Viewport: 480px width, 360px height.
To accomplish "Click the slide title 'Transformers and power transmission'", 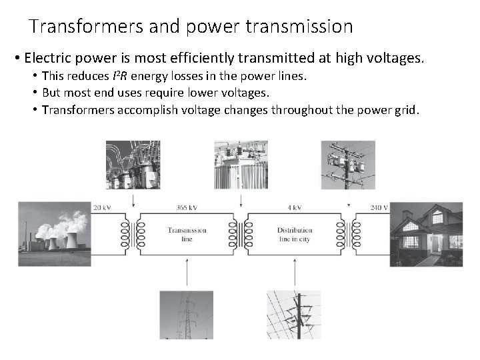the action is [191, 27].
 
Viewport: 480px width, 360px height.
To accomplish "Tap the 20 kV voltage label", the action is [102, 207].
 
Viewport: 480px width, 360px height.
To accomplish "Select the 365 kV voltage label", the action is [187, 207].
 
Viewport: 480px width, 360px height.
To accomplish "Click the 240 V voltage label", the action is [380, 207].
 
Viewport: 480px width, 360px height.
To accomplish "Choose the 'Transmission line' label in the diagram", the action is [187, 234].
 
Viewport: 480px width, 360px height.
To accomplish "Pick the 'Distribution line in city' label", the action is [295, 234].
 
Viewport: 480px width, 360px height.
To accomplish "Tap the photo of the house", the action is [427, 234].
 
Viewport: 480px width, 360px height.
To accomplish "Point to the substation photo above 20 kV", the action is [133, 165].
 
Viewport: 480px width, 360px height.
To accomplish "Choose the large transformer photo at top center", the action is [241, 165].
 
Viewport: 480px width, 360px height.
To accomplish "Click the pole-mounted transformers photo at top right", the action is [348, 165].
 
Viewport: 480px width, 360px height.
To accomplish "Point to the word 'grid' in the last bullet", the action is [405, 109].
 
